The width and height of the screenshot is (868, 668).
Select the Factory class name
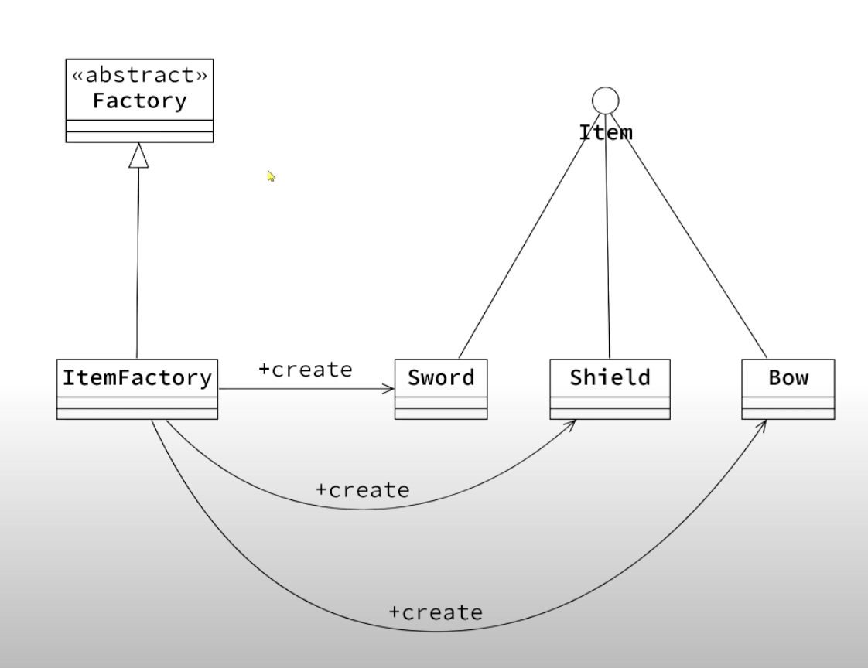pyautogui.click(x=139, y=101)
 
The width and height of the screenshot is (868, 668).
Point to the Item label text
pyautogui.click(x=606, y=133)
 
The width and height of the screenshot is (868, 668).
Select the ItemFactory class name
pyautogui.click(x=137, y=378)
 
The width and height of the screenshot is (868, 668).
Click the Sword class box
pyautogui.click(x=440, y=388)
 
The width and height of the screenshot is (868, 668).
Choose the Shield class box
pyautogui.click(x=610, y=388)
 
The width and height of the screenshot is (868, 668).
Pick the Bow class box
pyautogui.click(x=788, y=388)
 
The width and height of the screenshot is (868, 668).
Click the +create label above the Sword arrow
pyautogui.click(x=305, y=370)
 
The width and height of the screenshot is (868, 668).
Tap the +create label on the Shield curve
pyautogui.click(x=362, y=489)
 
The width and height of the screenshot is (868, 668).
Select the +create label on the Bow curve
pyautogui.click(x=435, y=612)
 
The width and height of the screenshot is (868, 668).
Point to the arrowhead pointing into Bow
pyautogui.click(x=761, y=426)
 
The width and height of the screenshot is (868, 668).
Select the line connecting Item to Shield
pyautogui.click(x=607, y=240)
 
